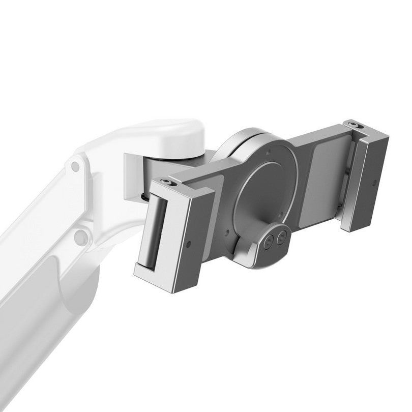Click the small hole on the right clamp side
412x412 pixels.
(x=375, y=182)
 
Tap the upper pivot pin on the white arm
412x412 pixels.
(x=75, y=166)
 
